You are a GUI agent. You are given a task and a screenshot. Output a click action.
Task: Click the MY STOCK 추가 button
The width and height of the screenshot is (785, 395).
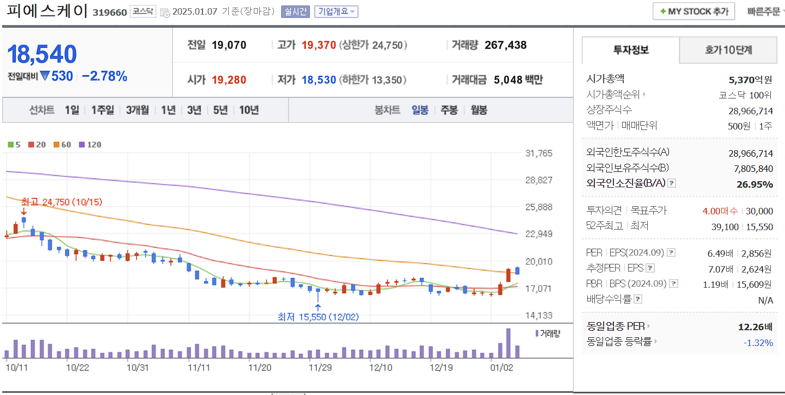pyautogui.click(x=693, y=11)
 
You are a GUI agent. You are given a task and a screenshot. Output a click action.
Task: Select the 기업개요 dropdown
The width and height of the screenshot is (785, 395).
pyautogui.click(x=336, y=11)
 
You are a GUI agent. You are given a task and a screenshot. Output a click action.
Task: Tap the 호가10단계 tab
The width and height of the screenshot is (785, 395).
pyautogui.click(x=728, y=50)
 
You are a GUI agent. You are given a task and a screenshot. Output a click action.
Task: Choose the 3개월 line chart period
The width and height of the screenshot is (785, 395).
pyautogui.click(x=137, y=110)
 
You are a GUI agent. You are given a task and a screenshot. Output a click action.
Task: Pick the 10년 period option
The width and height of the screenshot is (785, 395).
pyautogui.click(x=248, y=110)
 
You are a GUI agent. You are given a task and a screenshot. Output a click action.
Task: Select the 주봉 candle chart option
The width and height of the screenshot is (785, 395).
pyautogui.click(x=449, y=110)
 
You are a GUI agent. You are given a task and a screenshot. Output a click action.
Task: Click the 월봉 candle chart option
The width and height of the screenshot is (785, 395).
pyautogui.click(x=479, y=110)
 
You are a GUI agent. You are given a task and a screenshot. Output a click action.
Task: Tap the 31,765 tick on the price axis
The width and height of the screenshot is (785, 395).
pyautogui.click(x=538, y=153)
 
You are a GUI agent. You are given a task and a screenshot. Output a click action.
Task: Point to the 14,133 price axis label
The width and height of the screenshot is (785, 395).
pyautogui.click(x=538, y=316)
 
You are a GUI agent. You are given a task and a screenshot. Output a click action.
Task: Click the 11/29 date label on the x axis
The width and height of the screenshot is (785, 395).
pyautogui.click(x=320, y=367)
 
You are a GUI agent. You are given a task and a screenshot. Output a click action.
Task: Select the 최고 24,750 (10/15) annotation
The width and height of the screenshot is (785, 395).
pyautogui.click(x=62, y=202)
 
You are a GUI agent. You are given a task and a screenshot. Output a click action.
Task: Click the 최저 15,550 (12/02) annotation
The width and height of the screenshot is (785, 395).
pyautogui.click(x=318, y=317)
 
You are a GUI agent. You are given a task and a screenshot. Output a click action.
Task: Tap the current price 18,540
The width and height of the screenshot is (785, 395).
pyautogui.click(x=42, y=54)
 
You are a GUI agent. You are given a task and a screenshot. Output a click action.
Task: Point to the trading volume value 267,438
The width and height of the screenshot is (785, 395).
pyautogui.click(x=505, y=45)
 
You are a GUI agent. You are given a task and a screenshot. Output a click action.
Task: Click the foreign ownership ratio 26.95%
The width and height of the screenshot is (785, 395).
pyautogui.click(x=754, y=184)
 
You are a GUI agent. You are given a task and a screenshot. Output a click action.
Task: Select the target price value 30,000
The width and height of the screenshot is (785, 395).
pyautogui.click(x=759, y=211)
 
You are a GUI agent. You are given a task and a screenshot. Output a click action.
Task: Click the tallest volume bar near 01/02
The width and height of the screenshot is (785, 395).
pyautogui.click(x=508, y=343)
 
